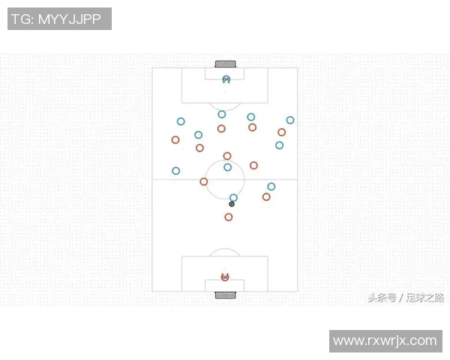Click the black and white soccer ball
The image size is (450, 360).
pyautogui.click(x=232, y=204)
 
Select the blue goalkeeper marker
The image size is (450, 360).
pyautogui.click(x=226, y=79)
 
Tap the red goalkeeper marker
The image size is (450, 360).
pyautogui.click(x=225, y=277)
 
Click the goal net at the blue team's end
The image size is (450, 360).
pyautogui.click(x=226, y=64)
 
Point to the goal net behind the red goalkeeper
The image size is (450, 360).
pyautogui.click(x=226, y=295)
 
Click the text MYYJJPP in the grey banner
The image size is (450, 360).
pyautogui.click(x=70, y=19)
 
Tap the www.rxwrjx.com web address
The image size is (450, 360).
pyautogui.click(x=385, y=340)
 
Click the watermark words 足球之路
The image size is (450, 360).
pyautogui.click(x=425, y=298)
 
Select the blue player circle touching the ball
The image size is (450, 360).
pyautogui.click(x=233, y=197)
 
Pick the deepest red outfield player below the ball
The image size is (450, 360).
pyautogui.click(x=229, y=217)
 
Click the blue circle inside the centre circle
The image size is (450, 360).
pyautogui.click(x=227, y=167)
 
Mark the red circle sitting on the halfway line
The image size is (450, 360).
pyautogui.click(x=204, y=181)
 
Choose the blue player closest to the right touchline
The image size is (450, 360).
pyautogui.click(x=290, y=120)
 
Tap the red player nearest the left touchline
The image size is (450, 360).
pyautogui.click(x=175, y=139)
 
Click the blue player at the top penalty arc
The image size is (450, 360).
pyautogui.click(x=221, y=114)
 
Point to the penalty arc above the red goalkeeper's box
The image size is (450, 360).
pyautogui.click(x=225, y=252)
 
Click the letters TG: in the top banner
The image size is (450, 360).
pyautogui.click(x=22, y=19)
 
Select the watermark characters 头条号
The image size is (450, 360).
pyautogui.click(x=382, y=298)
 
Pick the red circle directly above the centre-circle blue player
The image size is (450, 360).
pyautogui.click(x=227, y=156)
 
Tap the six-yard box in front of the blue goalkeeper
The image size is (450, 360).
pyautogui.click(x=224, y=73)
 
